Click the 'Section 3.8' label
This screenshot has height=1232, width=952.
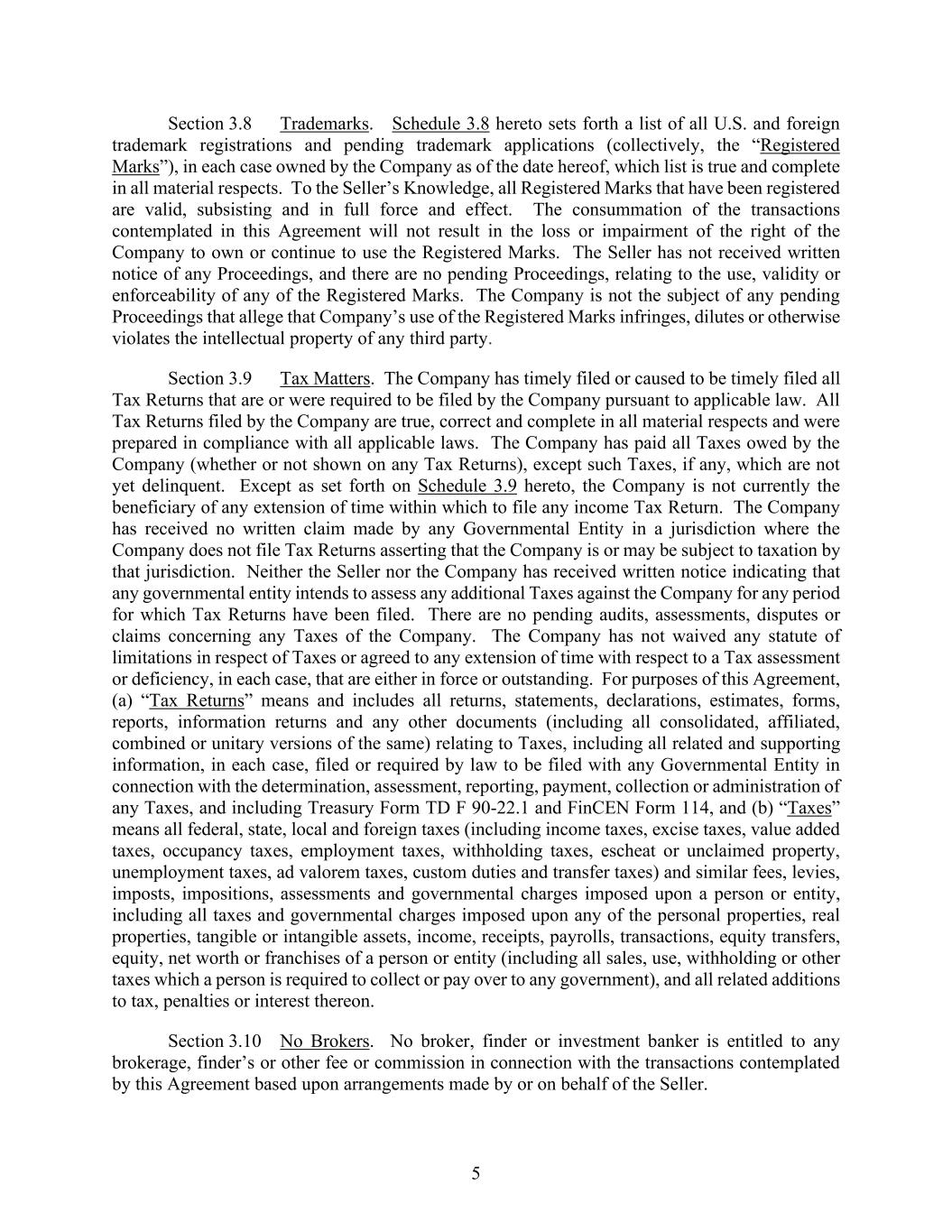pyautogui.click(x=209, y=124)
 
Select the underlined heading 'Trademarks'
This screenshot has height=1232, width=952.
pyautogui.click(x=324, y=124)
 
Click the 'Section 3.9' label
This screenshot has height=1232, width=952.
pyautogui.click(x=209, y=378)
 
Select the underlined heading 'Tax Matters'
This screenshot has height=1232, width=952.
pyautogui.click(x=325, y=378)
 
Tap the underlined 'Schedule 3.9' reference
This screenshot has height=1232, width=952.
pyautogui.click(x=467, y=486)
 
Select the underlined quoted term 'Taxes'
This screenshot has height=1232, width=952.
pyautogui.click(x=809, y=808)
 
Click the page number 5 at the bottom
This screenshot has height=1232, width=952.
pyautogui.click(x=476, y=1173)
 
